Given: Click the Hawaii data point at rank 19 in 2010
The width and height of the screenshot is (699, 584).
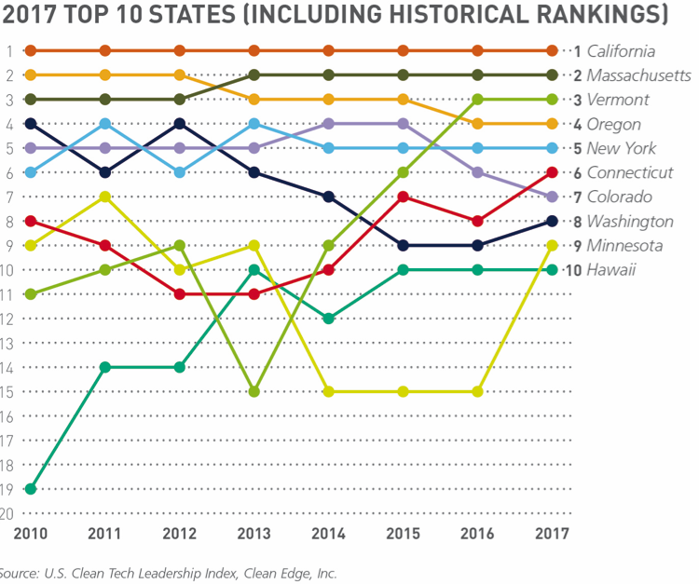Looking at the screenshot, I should point(31,488).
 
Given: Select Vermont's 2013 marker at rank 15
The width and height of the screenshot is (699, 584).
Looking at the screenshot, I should point(254,391).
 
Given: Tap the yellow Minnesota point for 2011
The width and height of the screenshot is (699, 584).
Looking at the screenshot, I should point(105,197).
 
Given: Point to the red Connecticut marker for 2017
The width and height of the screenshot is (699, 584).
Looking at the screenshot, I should point(552,172).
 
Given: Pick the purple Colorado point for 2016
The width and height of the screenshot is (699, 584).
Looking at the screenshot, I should point(477,172).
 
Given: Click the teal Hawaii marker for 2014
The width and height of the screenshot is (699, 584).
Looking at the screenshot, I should point(329,319).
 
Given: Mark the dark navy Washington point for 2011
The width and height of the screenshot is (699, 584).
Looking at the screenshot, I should point(105,172).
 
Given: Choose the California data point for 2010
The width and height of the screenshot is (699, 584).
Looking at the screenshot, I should point(31,50).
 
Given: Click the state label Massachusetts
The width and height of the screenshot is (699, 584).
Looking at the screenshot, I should point(638,75).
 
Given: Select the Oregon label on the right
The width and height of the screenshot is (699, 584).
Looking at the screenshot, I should point(613,124).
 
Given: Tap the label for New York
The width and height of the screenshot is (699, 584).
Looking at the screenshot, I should point(621,148).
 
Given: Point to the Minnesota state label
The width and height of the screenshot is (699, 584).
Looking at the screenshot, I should point(624,246).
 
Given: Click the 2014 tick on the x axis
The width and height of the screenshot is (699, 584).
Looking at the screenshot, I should point(329,534).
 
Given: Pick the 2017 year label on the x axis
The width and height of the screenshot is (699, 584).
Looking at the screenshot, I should point(552,534).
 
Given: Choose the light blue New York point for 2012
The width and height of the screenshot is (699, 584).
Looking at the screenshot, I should point(180,172).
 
